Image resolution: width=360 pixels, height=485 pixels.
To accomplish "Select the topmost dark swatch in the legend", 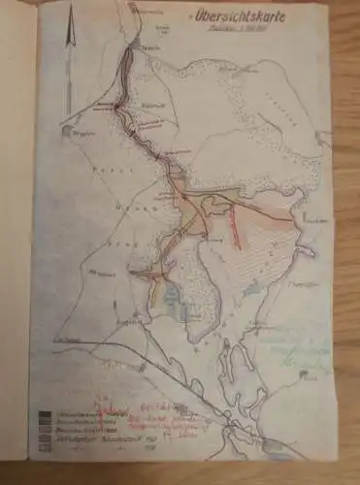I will click(45, 415).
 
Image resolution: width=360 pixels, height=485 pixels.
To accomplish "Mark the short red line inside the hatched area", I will click(237, 229).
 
